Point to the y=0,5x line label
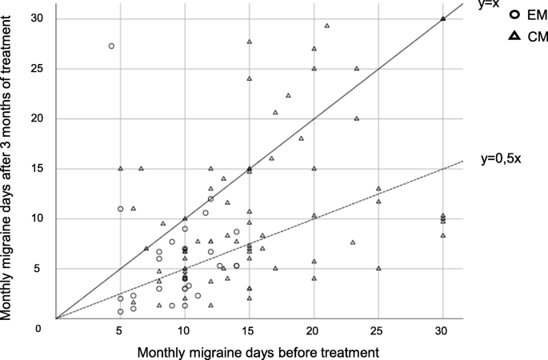[x=502, y=157]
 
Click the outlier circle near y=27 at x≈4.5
[x=111, y=46]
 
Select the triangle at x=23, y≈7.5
[x=353, y=242]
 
